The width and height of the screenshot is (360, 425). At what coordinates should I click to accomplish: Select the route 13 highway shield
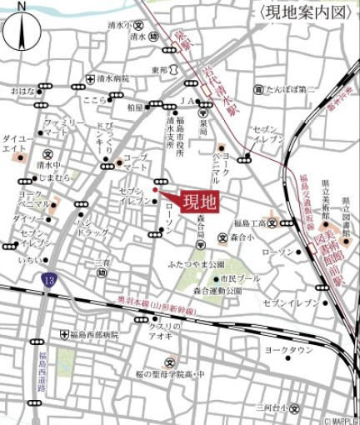tap(50, 283)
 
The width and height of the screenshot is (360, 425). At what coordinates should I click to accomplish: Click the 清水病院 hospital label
tap(113, 79)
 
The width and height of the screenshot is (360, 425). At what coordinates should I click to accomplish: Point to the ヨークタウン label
tap(287, 351)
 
